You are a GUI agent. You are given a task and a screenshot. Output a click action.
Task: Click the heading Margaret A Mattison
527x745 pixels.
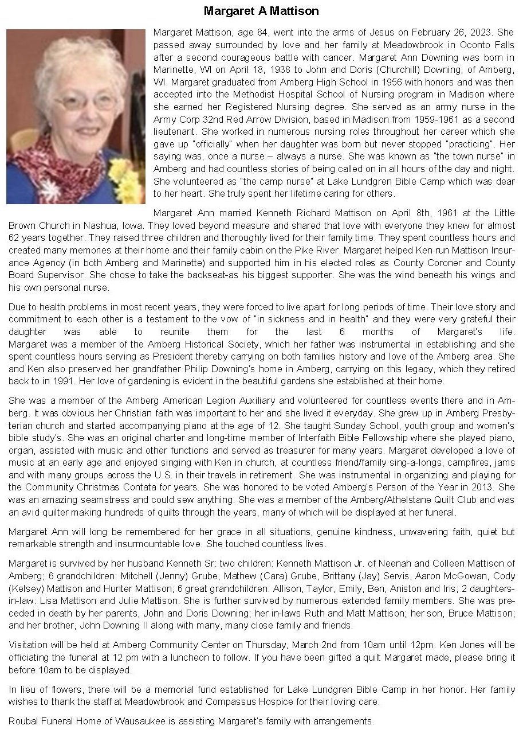[x=261, y=11]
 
